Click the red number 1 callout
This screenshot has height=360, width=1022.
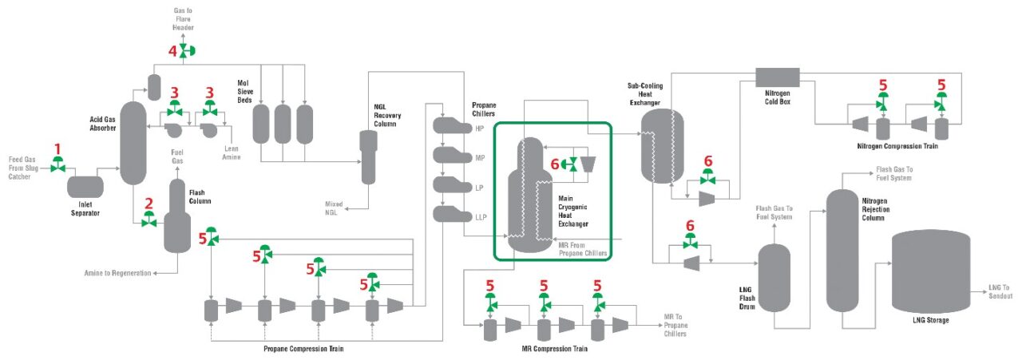[x=57, y=148]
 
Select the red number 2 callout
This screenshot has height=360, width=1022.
[x=148, y=204]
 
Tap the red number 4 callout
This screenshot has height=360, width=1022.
[x=172, y=50]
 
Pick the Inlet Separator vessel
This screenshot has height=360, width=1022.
[x=85, y=188]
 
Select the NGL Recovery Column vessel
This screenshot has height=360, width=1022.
[x=368, y=156]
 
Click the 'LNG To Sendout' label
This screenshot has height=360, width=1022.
[x=1000, y=290]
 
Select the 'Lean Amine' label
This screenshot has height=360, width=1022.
[x=231, y=153]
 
